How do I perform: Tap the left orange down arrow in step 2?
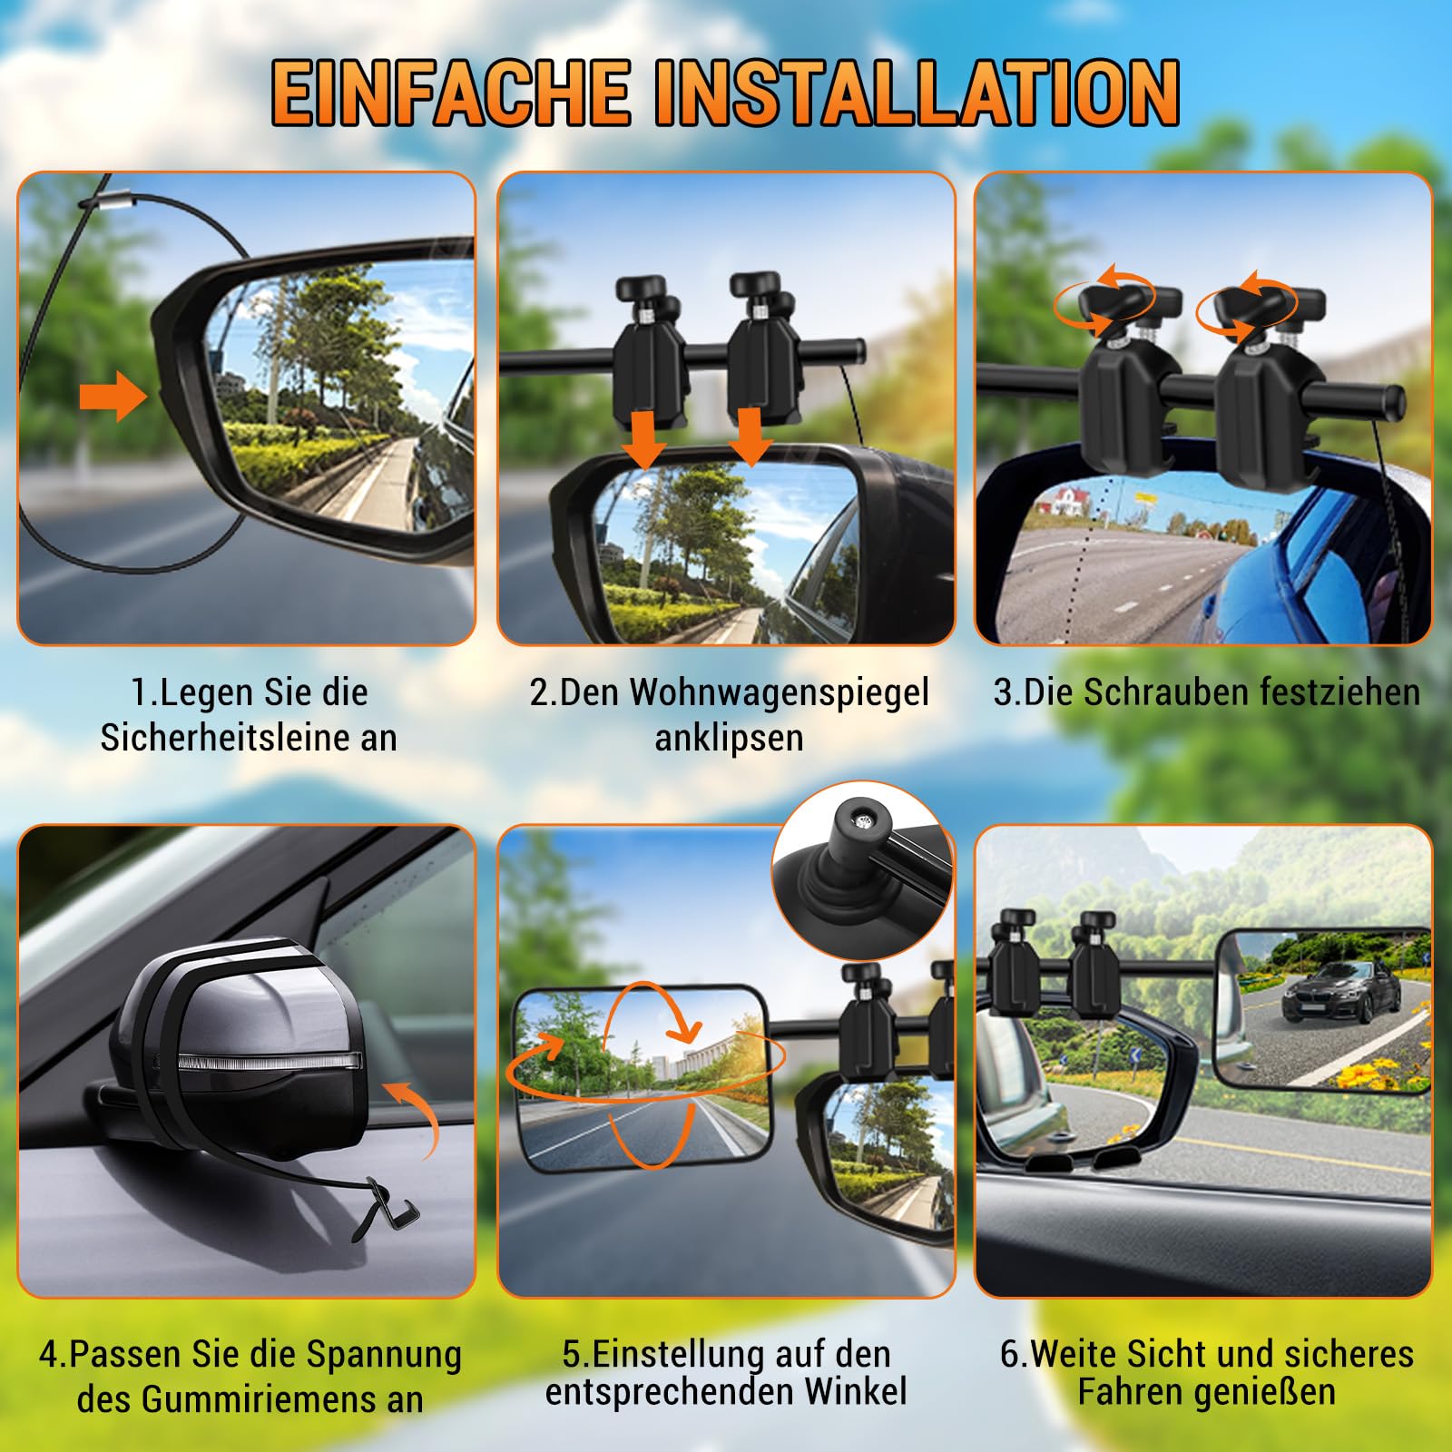(x=646, y=437)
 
